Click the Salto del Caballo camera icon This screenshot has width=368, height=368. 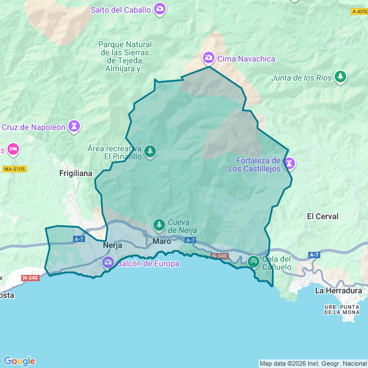[160, 9]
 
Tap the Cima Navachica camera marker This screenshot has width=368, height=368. [208, 58]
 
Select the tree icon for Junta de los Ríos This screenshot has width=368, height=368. [341, 76]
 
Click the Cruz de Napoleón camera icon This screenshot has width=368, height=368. [74, 126]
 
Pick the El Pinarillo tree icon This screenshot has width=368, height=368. [150, 151]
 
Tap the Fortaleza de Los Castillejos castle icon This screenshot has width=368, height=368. [290, 164]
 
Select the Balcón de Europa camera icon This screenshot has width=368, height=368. [108, 263]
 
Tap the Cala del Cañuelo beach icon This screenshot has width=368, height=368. [253, 261]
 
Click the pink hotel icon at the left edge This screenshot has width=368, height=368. [13, 150]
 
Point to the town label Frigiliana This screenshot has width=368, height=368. [76, 172]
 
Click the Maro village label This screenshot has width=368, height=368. [162, 241]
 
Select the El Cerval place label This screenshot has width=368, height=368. [323, 216]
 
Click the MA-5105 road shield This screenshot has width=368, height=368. [14, 169]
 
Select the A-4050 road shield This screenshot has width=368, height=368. [360, 11]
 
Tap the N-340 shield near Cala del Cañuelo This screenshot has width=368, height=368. [219, 256]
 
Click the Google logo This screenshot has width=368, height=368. [19, 361]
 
